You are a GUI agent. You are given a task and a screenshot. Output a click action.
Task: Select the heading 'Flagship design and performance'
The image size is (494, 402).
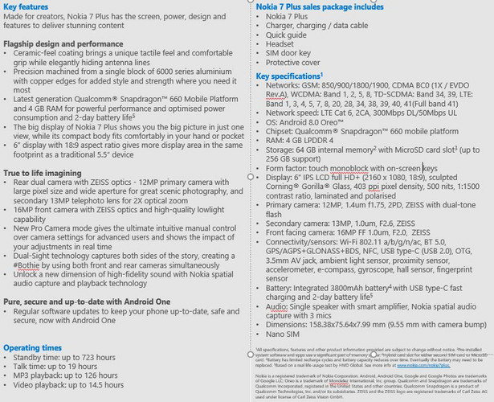click(x=62, y=43)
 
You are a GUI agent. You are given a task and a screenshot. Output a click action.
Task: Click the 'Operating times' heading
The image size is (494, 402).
click(x=31, y=347)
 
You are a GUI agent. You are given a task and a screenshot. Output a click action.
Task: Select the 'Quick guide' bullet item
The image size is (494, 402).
click(x=287, y=35)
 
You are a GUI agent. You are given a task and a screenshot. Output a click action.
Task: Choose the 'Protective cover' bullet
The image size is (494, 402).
click(x=293, y=63)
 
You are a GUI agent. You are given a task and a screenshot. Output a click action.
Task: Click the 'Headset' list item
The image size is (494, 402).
click(x=282, y=44)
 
